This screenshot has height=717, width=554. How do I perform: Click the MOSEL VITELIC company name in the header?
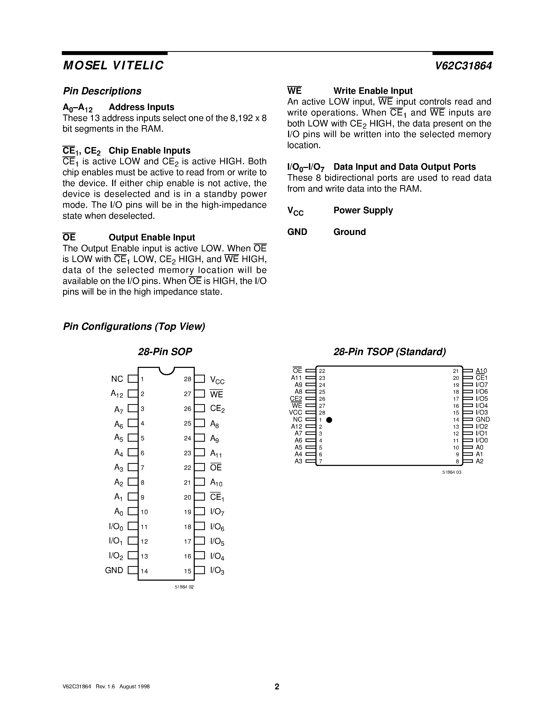point(113,65)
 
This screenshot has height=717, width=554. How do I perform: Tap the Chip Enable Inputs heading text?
point(149,151)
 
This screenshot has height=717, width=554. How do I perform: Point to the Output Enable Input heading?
point(152,237)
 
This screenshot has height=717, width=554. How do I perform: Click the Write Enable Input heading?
point(373,91)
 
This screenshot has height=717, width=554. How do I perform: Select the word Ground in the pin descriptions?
point(350,232)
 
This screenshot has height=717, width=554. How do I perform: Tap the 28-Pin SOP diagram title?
point(165,352)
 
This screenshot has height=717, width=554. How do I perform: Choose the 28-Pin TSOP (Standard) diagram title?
point(389,352)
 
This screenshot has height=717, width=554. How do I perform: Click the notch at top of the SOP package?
point(166,371)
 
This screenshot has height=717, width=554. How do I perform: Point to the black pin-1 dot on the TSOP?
point(329,420)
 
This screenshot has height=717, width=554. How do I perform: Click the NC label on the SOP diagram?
point(117,379)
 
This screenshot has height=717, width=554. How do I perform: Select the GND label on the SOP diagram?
point(114,570)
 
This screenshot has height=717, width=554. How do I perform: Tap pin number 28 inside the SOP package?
point(187,379)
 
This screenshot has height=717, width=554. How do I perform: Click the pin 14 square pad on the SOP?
point(133,570)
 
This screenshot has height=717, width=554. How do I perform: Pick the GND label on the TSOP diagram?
point(483,420)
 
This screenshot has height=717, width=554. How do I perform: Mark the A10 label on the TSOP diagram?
point(482,371)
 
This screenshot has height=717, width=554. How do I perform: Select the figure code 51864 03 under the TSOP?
point(452,472)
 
